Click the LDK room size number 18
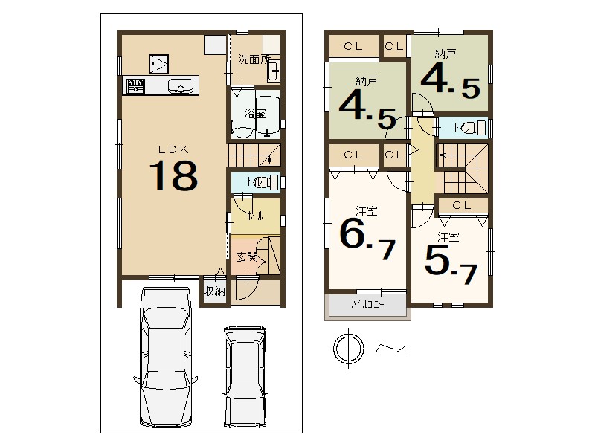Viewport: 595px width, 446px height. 173,175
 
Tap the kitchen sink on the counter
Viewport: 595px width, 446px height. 181,85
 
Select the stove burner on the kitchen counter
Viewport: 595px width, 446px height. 135,85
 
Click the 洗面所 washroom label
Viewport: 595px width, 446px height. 254,59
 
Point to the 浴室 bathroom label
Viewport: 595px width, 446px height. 255,114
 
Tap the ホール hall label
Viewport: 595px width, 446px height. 254,216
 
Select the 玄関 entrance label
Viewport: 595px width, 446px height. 247,256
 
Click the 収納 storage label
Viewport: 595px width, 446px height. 215,291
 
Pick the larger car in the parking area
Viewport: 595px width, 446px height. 165,357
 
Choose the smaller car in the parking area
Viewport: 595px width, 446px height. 245,376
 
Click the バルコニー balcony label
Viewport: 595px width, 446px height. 367,305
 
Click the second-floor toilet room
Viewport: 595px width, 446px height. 463,128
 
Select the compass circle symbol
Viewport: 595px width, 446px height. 348,348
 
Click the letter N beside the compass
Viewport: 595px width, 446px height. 401,349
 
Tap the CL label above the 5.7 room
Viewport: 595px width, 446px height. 462,206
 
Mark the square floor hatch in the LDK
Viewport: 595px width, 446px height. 159,63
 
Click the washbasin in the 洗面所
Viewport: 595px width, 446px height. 274,71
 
